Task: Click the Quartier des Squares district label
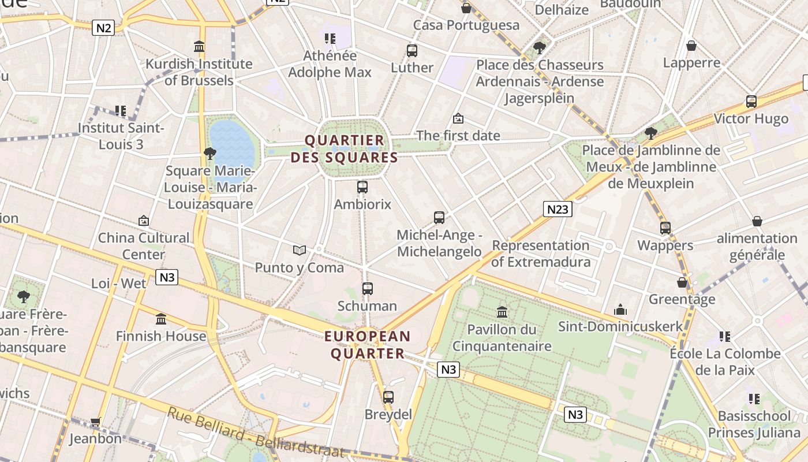[345, 149]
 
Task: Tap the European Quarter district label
[367, 345]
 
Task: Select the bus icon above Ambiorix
[362, 187]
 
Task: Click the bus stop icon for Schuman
[368, 289]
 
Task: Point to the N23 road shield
[558, 209]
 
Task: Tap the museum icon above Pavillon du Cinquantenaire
[502, 312]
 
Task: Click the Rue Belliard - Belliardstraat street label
[255, 433]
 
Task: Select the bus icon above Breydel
[388, 397]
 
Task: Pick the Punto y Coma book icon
[299, 250]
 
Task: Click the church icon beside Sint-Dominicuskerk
[620, 310]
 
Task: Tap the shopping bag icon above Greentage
[682, 282]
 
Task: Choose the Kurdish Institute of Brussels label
[199, 72]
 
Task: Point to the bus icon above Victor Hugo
[751, 102]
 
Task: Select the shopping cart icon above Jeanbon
[95, 422]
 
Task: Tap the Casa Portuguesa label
[466, 25]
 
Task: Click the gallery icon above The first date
[458, 119]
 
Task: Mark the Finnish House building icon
[161, 319]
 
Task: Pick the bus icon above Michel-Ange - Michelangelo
[439, 218]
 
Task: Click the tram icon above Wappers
[665, 228]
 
